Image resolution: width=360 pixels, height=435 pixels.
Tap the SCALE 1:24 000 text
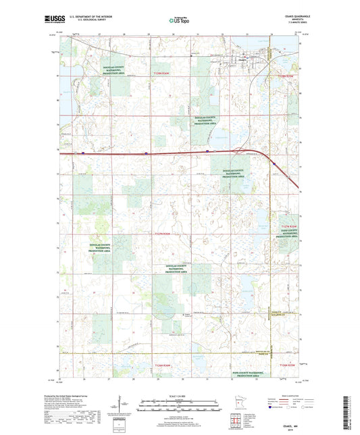point(179,395)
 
